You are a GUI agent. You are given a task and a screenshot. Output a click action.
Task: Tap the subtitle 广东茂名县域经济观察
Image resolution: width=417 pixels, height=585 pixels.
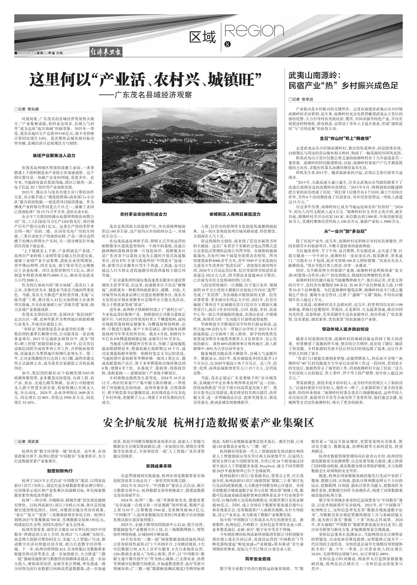(146, 95)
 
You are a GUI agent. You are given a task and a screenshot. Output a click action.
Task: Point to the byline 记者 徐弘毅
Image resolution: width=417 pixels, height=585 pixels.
(27, 109)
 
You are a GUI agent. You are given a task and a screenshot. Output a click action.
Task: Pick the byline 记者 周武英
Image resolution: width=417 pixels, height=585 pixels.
(27, 442)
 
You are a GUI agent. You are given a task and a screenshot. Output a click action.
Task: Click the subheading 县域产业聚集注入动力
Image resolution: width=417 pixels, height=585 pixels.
(55, 156)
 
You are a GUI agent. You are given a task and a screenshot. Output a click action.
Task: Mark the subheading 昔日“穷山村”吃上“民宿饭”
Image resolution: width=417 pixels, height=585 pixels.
(345, 138)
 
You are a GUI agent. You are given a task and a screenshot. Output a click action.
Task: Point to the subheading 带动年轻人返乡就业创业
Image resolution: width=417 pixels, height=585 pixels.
(345, 329)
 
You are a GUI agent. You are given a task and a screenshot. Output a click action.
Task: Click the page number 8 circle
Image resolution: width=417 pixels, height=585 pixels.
(228, 44)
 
